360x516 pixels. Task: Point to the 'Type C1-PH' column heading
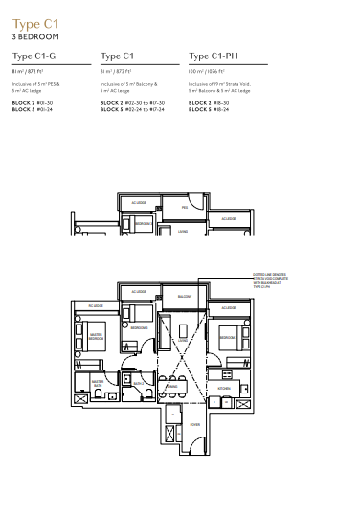[212, 56]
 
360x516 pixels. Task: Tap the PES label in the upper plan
[185, 208]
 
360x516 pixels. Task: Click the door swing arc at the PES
[195, 202]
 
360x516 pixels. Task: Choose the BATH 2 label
[138, 383]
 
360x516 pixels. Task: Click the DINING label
[172, 387]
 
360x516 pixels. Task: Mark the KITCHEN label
[223, 388]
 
